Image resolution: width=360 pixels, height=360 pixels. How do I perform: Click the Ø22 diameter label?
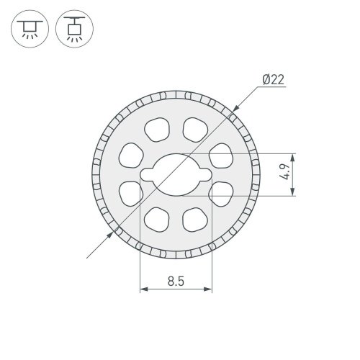click(274, 79)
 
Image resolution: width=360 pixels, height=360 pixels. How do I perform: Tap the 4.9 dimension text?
click(285, 172)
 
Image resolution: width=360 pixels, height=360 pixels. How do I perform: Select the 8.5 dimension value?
click(176, 281)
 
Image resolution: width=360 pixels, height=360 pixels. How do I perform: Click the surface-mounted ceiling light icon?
click(30, 29)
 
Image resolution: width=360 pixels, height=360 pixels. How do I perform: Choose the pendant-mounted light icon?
click(74, 29)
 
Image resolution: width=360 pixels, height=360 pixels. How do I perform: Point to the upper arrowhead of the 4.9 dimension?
click(292, 158)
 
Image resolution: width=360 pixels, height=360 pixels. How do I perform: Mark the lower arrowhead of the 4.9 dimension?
click(292, 192)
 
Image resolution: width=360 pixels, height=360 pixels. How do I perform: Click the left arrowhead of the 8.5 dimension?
click(144, 289)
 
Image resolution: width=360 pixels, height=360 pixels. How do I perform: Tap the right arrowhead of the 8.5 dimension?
click(208, 289)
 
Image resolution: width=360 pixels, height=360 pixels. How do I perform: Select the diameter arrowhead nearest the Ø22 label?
click(235, 108)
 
